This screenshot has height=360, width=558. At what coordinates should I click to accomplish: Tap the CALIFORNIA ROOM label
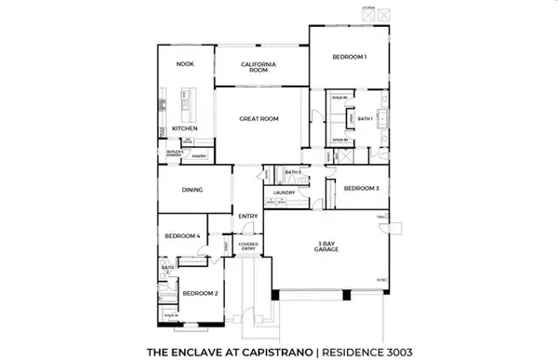click(x=260, y=66)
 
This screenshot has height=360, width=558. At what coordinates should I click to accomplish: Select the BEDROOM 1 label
click(x=350, y=58)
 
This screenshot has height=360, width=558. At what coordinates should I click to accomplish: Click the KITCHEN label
click(x=184, y=127)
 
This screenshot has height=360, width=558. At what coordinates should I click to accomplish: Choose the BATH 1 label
click(x=365, y=118)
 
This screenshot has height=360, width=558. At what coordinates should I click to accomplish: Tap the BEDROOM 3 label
click(x=362, y=188)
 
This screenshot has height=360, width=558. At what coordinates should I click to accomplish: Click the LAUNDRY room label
click(x=285, y=193)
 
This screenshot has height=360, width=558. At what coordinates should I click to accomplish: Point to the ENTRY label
click(x=247, y=216)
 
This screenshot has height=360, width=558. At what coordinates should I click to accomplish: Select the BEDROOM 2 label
click(x=201, y=294)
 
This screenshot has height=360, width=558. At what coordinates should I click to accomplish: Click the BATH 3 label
click(x=293, y=172)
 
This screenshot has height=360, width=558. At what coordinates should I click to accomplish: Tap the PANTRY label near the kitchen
click(x=198, y=157)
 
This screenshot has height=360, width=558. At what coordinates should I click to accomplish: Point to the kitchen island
click(x=184, y=95)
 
